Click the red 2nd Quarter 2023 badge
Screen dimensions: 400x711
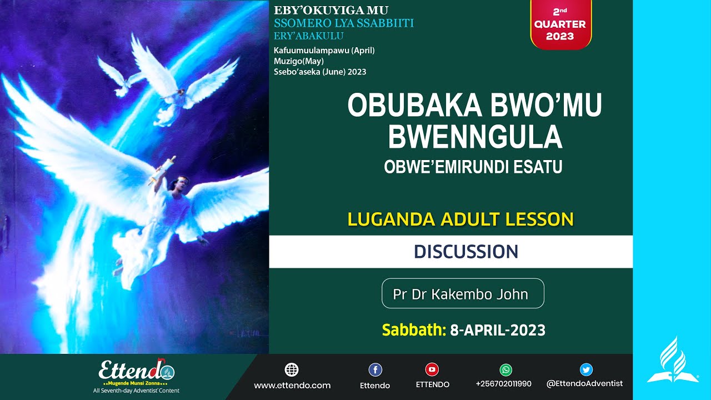tap(560, 25)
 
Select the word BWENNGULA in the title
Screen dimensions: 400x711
tap(475, 137)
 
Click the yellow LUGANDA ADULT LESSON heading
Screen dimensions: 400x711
tap(460, 219)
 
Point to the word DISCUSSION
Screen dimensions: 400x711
tap(465, 252)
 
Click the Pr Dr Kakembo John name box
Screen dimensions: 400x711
tap(463, 293)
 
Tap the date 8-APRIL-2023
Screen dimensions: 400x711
tap(498, 331)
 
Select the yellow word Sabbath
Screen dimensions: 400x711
tap(414, 331)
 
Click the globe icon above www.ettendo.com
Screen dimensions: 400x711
tap(292, 369)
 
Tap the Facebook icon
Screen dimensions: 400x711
tap(375, 369)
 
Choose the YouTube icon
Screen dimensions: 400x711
tap(432, 369)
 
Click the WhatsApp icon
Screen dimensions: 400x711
tap(505, 369)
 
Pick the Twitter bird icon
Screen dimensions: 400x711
tap(586, 369)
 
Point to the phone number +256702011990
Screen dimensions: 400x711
tap(504, 384)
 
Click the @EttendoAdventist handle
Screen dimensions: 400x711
tap(584, 383)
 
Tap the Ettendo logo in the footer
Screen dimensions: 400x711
tap(136, 372)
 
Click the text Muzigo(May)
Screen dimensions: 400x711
tap(299, 61)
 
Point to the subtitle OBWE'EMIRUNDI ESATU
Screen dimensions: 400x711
tap(473, 167)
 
